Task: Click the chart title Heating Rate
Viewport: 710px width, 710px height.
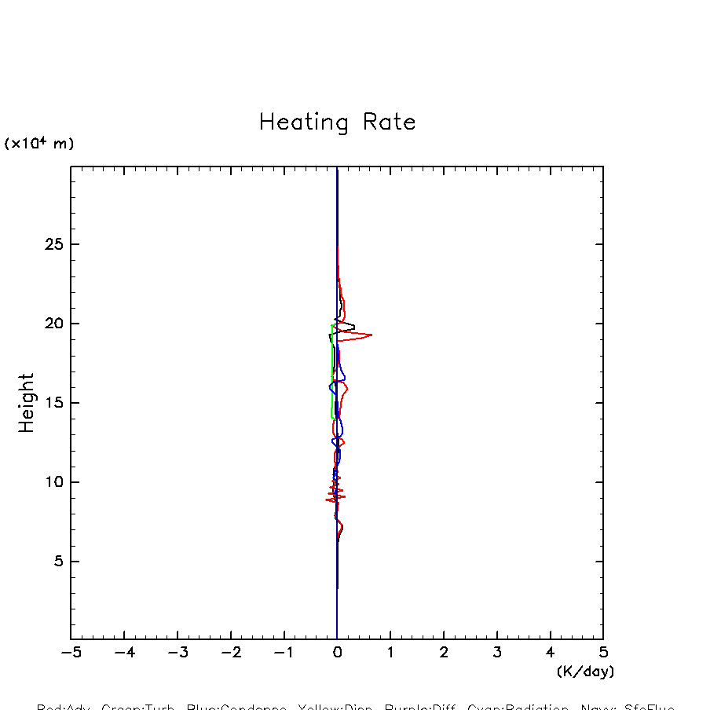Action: [337, 123]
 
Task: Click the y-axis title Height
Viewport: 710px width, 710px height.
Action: [27, 403]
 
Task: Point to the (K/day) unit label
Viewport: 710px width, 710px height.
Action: [585, 672]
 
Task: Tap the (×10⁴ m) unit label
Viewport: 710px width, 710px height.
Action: [39, 144]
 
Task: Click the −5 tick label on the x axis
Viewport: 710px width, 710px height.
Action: [71, 653]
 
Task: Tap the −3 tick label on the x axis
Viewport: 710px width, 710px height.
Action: [177, 653]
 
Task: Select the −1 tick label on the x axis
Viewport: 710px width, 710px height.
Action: [283, 653]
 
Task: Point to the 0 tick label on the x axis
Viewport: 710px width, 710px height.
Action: [337, 653]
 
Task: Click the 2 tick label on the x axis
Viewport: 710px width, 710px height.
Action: [444, 653]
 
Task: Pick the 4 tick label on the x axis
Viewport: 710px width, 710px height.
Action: [550, 653]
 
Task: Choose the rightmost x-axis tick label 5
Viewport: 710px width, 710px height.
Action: [603, 653]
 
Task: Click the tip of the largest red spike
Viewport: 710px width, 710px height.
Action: [371, 335]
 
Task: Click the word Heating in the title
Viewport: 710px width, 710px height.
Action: [303, 123]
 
